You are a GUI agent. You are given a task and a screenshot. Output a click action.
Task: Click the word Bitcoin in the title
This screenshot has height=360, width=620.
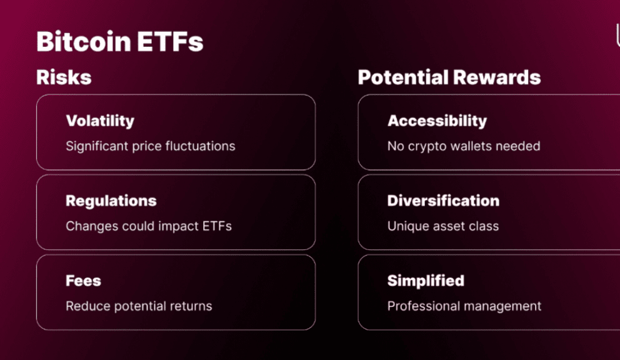(84, 41)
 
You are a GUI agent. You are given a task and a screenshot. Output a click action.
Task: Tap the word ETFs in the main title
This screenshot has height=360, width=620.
(171, 41)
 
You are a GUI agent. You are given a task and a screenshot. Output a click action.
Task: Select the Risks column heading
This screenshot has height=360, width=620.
(64, 77)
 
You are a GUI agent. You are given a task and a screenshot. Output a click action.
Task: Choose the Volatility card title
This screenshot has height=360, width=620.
(101, 121)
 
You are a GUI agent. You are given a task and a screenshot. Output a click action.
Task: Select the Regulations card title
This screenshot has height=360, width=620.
(111, 201)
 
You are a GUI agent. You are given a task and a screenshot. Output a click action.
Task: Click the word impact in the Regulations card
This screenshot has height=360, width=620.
(178, 226)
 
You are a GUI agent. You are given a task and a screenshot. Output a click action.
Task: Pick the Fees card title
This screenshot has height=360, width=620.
(83, 281)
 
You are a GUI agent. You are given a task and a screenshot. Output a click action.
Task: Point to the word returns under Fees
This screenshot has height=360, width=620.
(191, 306)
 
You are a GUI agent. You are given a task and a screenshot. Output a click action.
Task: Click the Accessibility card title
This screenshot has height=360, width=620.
(437, 121)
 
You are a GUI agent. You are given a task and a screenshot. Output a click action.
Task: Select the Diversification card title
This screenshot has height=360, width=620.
(444, 201)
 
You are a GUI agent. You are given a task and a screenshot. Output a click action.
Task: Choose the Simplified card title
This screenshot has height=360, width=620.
(426, 281)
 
